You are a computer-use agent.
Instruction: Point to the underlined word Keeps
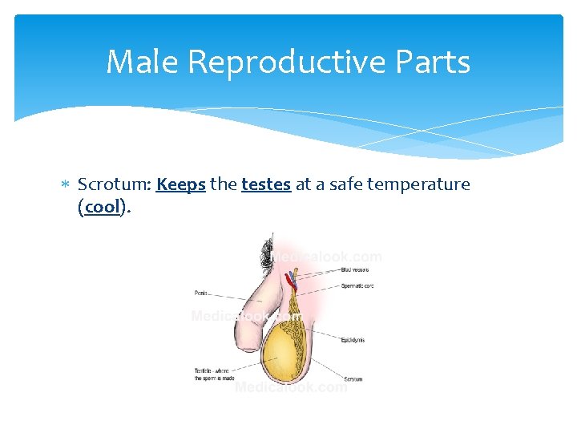181,185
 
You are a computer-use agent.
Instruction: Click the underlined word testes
265,184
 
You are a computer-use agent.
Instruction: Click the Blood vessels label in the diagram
355,270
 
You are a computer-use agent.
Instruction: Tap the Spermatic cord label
357,285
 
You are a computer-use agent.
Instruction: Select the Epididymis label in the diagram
353,340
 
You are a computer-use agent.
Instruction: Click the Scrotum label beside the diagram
353,378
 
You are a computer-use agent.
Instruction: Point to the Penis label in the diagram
202,293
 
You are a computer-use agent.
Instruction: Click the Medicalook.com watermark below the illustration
291,387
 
